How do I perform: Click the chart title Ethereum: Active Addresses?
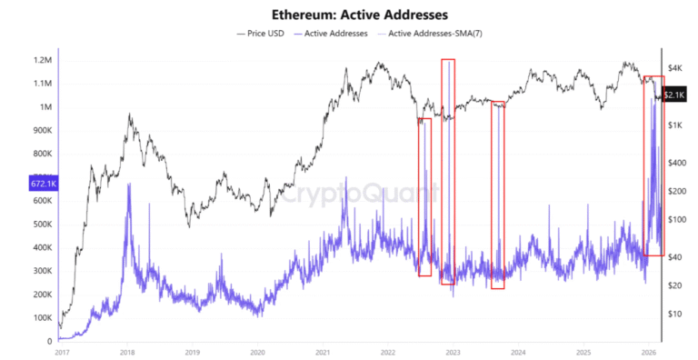(x=349, y=15)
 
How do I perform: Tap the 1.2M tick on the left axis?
(x=42, y=60)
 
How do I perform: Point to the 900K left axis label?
(x=41, y=130)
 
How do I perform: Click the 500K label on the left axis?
(x=41, y=225)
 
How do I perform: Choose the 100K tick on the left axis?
(x=41, y=318)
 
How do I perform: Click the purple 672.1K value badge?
(x=44, y=183)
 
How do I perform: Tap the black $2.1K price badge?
(x=674, y=95)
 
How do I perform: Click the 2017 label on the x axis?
(x=62, y=352)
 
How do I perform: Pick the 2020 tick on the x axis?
(x=257, y=352)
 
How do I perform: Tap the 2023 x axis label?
(x=453, y=352)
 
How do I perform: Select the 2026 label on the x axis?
(x=648, y=352)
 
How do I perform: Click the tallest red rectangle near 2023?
(x=448, y=171)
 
